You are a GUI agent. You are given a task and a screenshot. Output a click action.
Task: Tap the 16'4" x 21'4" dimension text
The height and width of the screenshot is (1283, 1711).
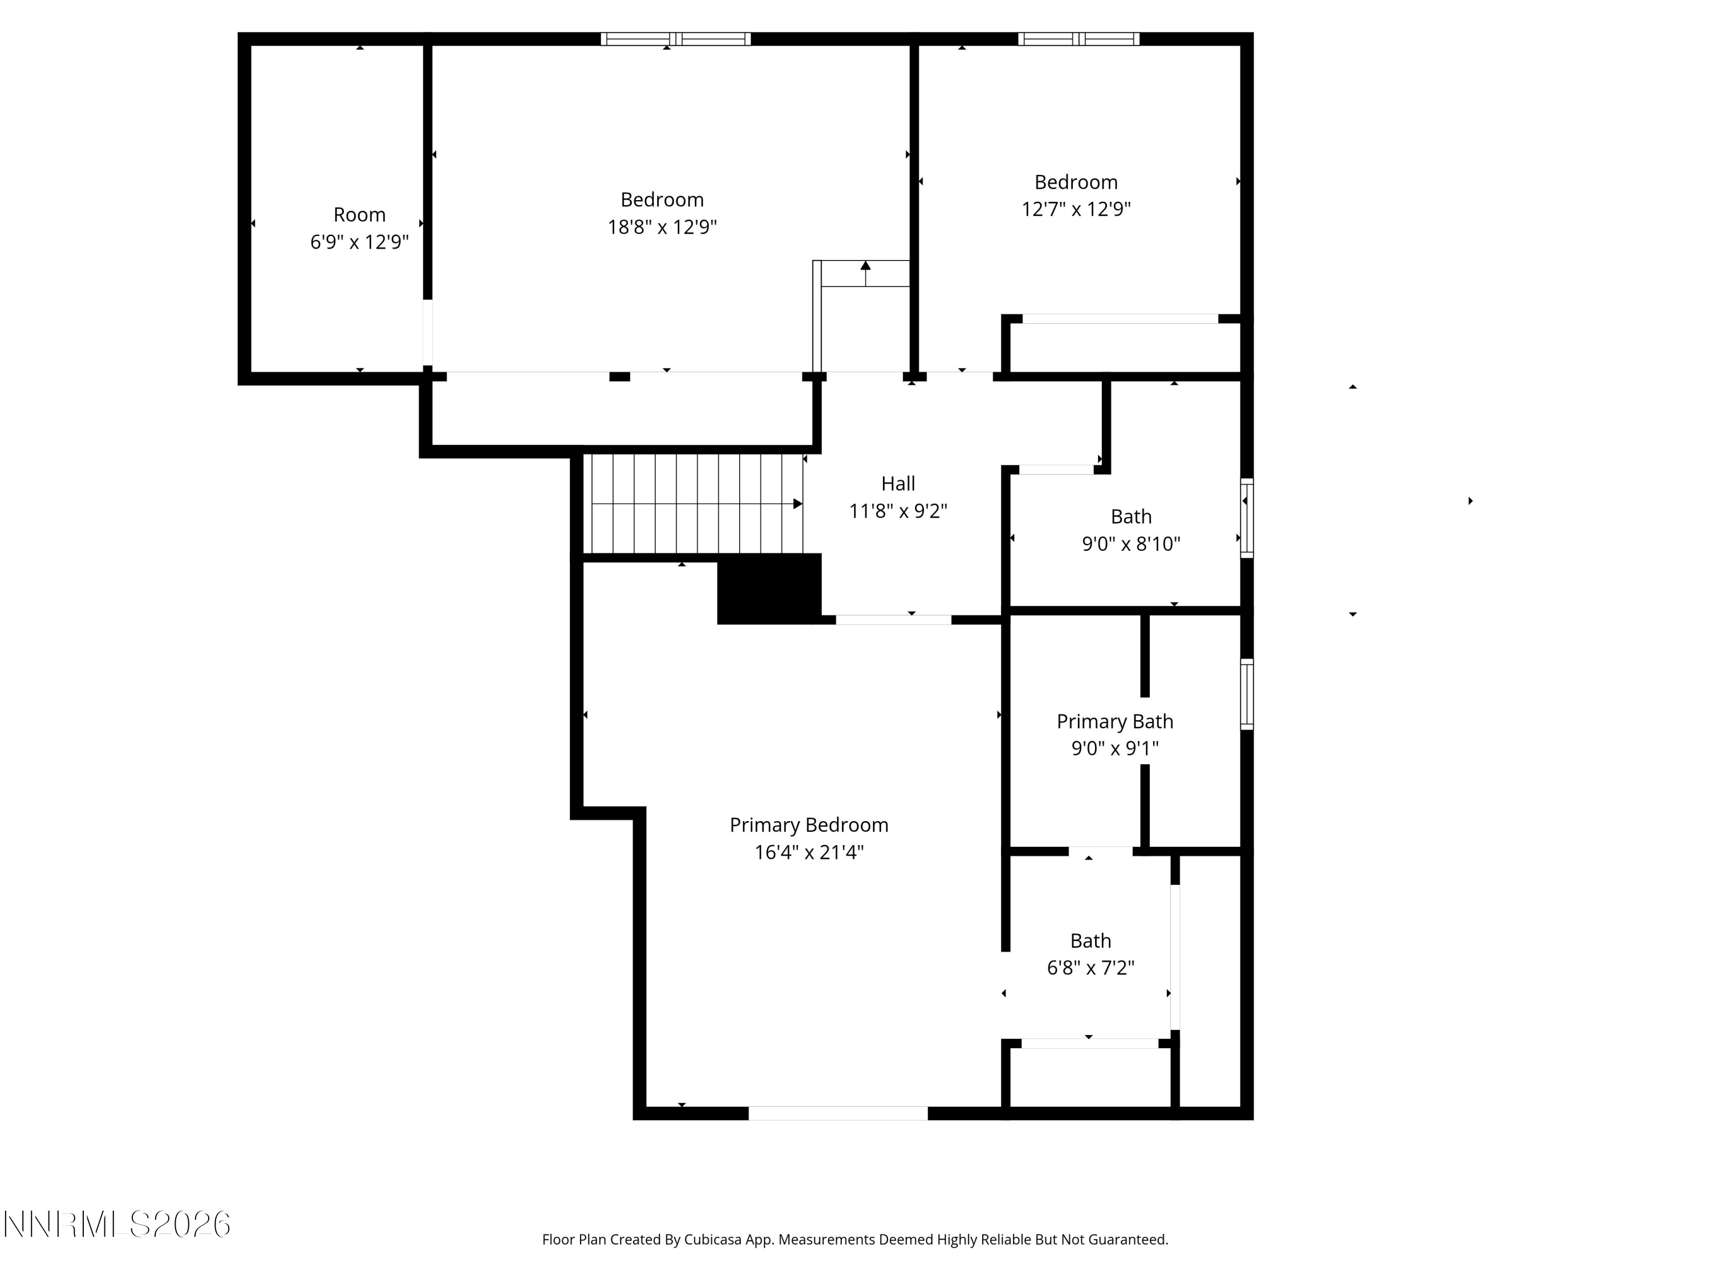(809, 852)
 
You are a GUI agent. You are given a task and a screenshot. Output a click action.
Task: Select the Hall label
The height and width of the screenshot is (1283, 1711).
(898, 484)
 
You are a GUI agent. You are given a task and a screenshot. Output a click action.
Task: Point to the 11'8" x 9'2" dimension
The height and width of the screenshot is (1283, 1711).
(898, 511)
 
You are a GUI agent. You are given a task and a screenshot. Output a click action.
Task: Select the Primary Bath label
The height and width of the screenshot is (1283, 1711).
(1114, 721)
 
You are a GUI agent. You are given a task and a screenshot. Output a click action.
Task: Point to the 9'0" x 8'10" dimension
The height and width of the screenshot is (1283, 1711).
(1131, 543)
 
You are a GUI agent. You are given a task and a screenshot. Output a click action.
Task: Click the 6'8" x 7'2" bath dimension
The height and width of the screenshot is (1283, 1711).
(1090, 968)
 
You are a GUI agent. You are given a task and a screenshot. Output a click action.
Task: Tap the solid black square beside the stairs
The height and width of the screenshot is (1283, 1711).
(769, 588)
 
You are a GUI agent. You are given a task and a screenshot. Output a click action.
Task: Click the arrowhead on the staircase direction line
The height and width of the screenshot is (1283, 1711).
(797, 504)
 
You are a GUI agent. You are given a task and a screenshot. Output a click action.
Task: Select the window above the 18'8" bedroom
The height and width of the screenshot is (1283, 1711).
(676, 39)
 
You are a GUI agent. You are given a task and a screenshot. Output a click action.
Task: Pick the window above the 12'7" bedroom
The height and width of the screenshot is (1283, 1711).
(1079, 39)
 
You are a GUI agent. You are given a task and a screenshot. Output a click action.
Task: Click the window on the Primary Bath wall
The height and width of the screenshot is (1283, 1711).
(1247, 694)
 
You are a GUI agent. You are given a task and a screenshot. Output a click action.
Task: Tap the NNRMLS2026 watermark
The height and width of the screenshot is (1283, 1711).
(117, 1224)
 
